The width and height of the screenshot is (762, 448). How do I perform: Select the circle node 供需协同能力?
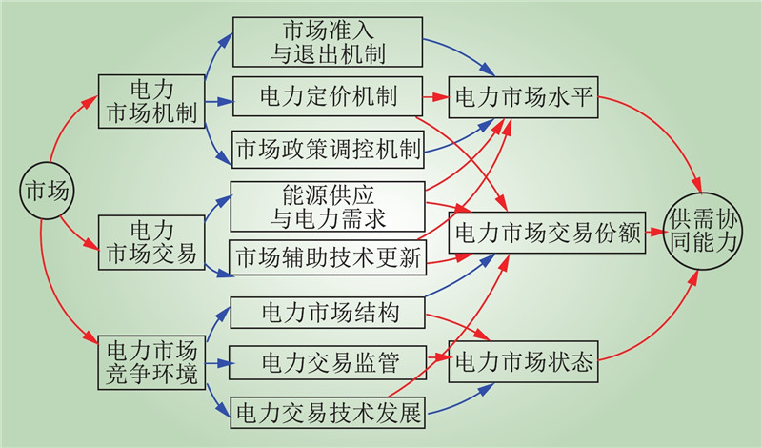pyautogui.click(x=705, y=229)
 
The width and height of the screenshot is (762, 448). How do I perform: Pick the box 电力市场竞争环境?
pyautogui.click(x=151, y=361)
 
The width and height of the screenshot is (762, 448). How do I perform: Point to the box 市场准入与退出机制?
pyautogui.click(x=328, y=40)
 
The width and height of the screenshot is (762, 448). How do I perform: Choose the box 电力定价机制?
pyautogui.click(x=328, y=97)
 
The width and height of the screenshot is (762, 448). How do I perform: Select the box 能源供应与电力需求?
pyautogui.click(x=328, y=205)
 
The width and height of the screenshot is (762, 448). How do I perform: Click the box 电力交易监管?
pyautogui.click(x=328, y=362)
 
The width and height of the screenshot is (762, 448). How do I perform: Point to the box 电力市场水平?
pyautogui.click(x=525, y=97)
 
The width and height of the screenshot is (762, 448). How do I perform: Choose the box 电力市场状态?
pyautogui.click(x=525, y=362)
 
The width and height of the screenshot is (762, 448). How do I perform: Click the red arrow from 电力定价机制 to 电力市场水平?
pyautogui.click(x=436, y=97)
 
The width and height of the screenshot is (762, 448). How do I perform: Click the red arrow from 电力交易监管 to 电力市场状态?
pyautogui.click(x=436, y=360)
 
